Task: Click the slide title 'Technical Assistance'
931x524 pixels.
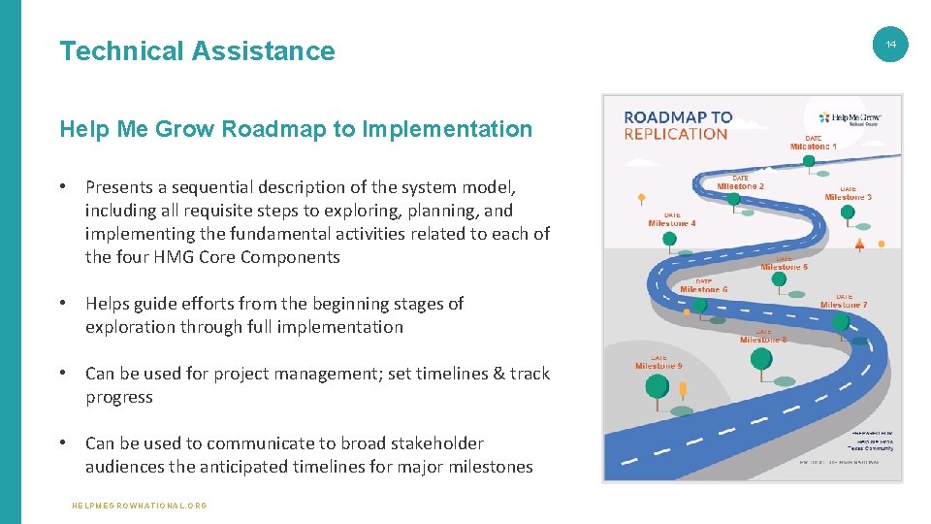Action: [197, 50]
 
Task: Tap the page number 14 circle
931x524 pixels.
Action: [891, 45]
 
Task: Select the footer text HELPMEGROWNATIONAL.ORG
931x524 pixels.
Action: [140, 506]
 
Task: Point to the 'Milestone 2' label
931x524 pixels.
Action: [740, 185]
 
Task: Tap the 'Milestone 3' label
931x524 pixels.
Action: [848, 197]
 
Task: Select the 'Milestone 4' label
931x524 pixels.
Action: [671, 223]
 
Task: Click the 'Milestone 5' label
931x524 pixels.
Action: [784, 267]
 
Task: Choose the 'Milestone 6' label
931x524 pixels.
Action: [704, 289]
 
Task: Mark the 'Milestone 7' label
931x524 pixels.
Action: [844, 305]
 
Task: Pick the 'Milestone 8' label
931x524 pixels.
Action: [763, 340]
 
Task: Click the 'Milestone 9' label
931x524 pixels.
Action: [658, 366]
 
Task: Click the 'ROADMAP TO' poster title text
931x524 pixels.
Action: [678, 117]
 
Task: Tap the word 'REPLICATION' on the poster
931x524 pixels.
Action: [676, 134]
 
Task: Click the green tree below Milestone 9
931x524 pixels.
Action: [657, 386]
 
